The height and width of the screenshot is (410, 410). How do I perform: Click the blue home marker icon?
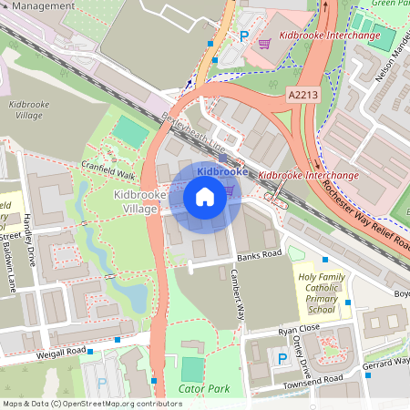click(205, 196)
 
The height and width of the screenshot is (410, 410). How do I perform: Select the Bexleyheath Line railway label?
click(192, 133)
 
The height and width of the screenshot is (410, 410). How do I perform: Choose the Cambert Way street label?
click(238, 294)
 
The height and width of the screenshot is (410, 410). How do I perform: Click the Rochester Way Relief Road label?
click(364, 213)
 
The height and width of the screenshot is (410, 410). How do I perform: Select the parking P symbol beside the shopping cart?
click(243, 35)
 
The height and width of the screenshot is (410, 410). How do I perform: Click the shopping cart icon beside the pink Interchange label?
click(264, 42)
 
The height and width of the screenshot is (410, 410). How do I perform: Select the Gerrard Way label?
click(387, 362)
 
